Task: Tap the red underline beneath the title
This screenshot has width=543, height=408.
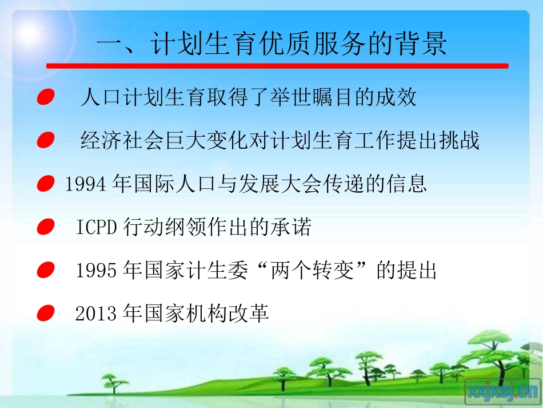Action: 277,66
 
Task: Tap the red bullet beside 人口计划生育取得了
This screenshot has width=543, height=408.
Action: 45,98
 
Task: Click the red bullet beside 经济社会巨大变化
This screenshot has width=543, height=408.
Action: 45,141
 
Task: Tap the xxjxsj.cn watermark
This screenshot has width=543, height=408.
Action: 502,391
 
